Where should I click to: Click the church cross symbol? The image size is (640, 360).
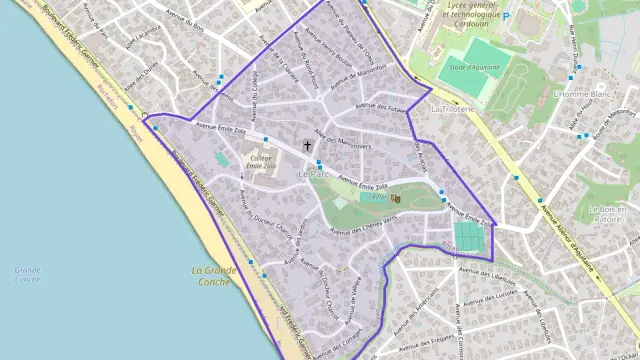(307, 145)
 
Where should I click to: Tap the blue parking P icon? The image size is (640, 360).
(506, 16)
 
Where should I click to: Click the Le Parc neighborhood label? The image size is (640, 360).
(313, 173)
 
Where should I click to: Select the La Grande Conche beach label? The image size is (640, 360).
(214, 276)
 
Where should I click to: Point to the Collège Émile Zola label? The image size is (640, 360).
(260, 164)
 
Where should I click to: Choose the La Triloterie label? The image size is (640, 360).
(451, 107)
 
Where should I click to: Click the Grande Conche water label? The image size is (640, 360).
(27, 274)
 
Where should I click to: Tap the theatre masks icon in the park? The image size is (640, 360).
(396, 198)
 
